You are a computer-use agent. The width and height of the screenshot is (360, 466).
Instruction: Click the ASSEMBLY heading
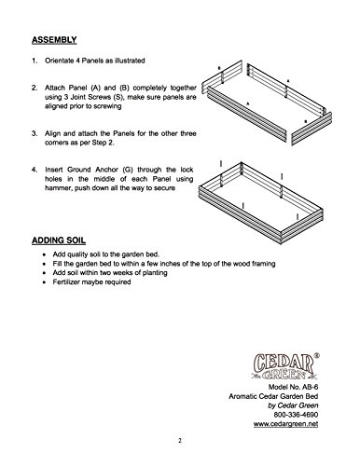coord(54,40)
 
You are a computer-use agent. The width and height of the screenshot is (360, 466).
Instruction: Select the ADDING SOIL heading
coord(59,240)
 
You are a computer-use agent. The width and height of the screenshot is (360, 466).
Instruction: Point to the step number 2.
coord(35,88)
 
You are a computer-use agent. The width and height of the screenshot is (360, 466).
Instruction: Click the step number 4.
coord(35,170)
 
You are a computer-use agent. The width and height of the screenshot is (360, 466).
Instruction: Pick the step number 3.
coord(35,134)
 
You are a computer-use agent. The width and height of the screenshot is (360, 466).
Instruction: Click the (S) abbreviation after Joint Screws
coord(118,97)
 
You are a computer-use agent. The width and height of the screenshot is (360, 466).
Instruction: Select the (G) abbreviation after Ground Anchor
coord(128,170)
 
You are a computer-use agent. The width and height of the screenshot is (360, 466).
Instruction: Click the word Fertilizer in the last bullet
coord(66,282)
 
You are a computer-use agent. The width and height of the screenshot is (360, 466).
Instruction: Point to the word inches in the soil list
coord(170,264)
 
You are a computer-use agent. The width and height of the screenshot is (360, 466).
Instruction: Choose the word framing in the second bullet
coord(264,264)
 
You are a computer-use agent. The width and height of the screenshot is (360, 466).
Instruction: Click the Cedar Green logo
coord(284,366)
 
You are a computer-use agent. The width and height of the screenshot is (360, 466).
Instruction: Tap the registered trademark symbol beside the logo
coord(317,355)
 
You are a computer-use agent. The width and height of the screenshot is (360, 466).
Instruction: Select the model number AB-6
coord(311,387)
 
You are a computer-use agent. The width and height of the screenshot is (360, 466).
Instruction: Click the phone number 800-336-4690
coord(296,415)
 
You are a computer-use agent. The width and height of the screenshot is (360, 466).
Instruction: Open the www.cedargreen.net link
coord(285,424)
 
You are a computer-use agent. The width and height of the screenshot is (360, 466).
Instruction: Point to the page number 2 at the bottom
coord(180,440)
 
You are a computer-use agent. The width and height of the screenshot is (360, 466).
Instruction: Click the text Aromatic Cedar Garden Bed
coord(273,396)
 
